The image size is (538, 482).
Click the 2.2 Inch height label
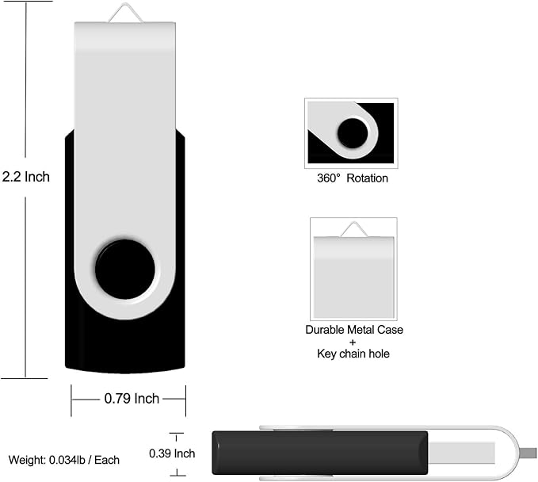pyautogui.click(x=25, y=177)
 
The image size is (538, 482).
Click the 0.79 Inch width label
pyautogui.click(x=132, y=399)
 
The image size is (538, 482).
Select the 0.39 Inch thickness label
pyautogui.click(x=172, y=453)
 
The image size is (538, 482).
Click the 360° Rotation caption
pyautogui.click(x=353, y=178)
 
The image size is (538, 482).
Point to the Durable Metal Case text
pyautogui.click(x=353, y=330)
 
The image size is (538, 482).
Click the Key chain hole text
pyautogui.click(x=353, y=354)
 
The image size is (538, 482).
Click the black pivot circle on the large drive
pyautogui.click(x=125, y=269)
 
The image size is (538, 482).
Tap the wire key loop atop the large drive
pyautogui.click(x=125, y=13)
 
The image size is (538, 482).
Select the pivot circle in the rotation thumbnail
pyautogui.click(x=352, y=132)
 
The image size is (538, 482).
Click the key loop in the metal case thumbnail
pyautogui.click(x=353, y=229)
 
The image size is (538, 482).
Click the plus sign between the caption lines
pyautogui.click(x=353, y=342)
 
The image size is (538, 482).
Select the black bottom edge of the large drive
pyautogui.click(x=125, y=361)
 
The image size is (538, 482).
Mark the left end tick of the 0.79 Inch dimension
pyautogui.click(x=71, y=400)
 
